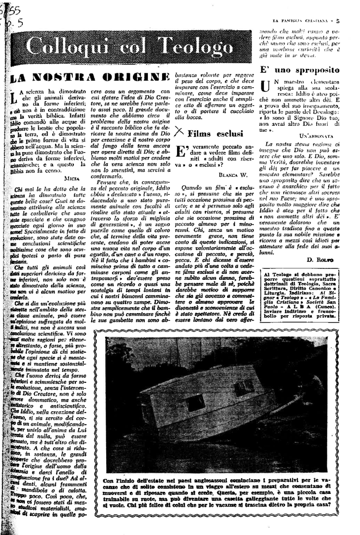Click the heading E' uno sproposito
[300, 70]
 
